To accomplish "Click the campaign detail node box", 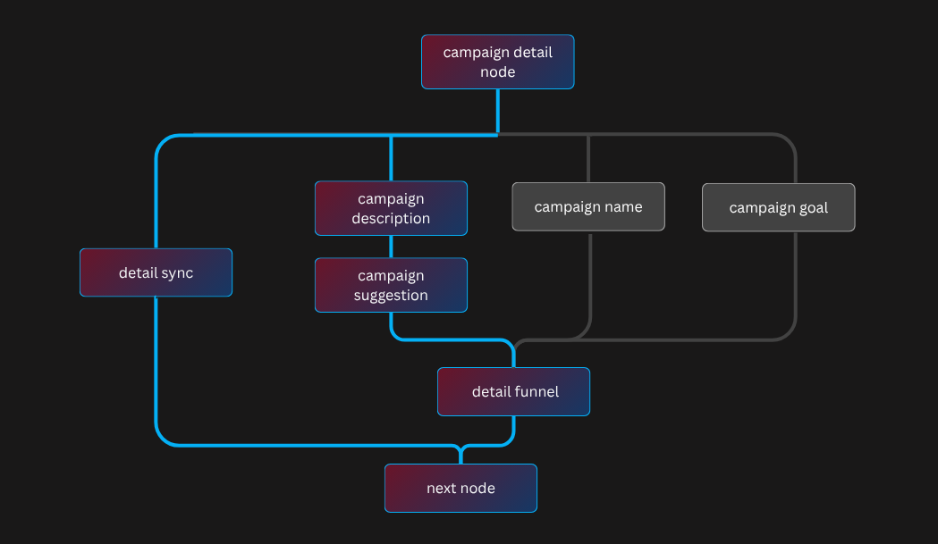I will pyautogui.click(x=497, y=62).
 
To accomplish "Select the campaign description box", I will pyautogui.click(x=391, y=208).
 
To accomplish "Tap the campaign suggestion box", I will pyautogui.click(x=391, y=285).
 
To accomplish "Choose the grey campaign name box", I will pyautogui.click(x=588, y=206).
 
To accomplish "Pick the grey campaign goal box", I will pyautogui.click(x=778, y=207).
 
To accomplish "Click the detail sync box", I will pyautogui.click(x=156, y=272).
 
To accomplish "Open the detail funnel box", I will pyautogui.click(x=513, y=391).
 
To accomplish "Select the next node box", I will pyautogui.click(x=461, y=488).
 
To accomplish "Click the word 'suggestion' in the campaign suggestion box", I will pyautogui.click(x=391, y=296).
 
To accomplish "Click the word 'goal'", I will pyautogui.click(x=813, y=208).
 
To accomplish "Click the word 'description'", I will pyautogui.click(x=391, y=219).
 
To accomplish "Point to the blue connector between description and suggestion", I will pyautogui.click(x=391, y=247).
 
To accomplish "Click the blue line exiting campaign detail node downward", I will pyautogui.click(x=497, y=112).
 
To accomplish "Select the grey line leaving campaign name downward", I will pyautogui.click(x=590, y=277).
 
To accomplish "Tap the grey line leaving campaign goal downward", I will pyautogui.click(x=795, y=277).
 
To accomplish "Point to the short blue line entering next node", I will pyautogui.click(x=461, y=456).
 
